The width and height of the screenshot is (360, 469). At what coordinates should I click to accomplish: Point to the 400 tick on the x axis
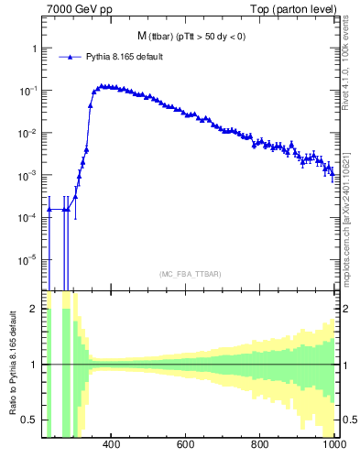pyautogui.click(x=112, y=445)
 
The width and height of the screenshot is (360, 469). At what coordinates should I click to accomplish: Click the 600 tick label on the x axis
pyautogui.click(x=186, y=445)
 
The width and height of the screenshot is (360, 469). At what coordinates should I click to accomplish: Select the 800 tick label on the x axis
pyautogui.click(x=260, y=445)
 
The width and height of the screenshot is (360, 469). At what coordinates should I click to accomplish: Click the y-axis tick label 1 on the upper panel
pyautogui.click(x=34, y=49)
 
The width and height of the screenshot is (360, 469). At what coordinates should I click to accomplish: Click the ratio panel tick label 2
pyautogui.click(x=33, y=310)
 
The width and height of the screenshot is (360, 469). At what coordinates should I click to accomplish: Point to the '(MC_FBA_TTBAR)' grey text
pyautogui.click(x=190, y=274)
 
